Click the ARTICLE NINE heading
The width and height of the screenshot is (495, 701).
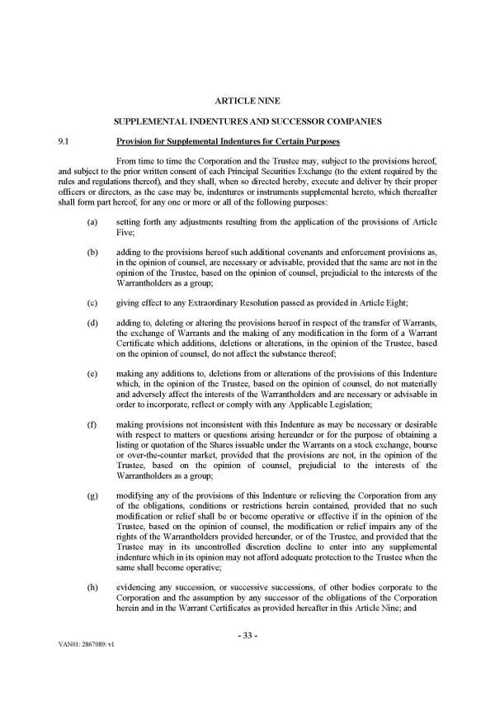[x=247, y=101]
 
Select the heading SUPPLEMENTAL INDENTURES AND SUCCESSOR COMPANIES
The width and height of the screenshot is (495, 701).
[x=247, y=122]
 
